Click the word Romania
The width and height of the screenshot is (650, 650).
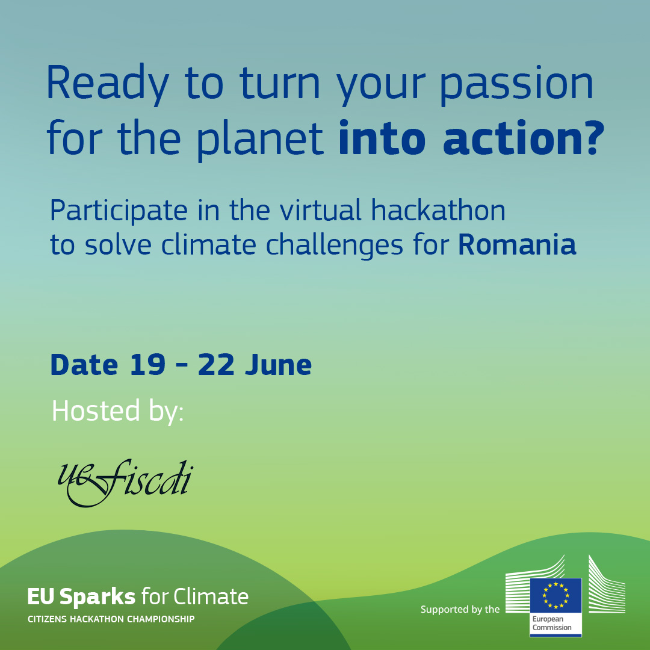pyautogui.click(x=517, y=244)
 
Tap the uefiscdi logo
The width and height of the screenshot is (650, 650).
pyautogui.click(x=125, y=483)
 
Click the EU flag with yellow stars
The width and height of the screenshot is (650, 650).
pyautogui.click(x=556, y=595)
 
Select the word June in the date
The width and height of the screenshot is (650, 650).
pyautogui.click(x=278, y=365)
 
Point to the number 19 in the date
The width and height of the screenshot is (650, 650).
pyautogui.click(x=147, y=365)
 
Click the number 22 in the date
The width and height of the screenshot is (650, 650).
pyautogui.click(x=216, y=365)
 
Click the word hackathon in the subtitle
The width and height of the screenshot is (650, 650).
pyautogui.click(x=438, y=210)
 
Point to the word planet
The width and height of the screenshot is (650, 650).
pyautogui.click(x=259, y=140)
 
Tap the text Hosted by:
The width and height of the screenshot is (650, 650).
pyautogui.click(x=118, y=411)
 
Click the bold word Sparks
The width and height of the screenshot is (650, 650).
pyautogui.click(x=97, y=596)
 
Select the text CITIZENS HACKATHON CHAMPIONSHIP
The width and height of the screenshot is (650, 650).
pyautogui.click(x=111, y=619)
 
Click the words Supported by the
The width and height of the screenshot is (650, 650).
pyautogui.click(x=460, y=609)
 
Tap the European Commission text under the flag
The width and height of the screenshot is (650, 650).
pyautogui.click(x=552, y=623)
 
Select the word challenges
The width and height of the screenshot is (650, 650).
pyautogui.click(x=334, y=246)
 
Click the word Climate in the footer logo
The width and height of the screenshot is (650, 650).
pyautogui.click(x=211, y=596)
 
